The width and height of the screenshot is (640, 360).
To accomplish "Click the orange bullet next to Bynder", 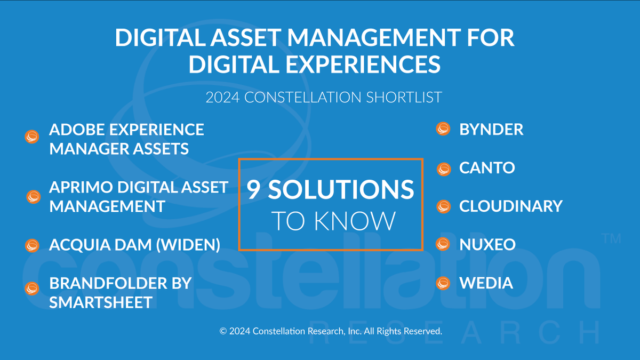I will (443, 130).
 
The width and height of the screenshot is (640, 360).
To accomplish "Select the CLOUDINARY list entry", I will (510, 206).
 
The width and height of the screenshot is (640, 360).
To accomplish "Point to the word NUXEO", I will (487, 244).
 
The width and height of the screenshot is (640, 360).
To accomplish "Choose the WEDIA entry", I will (486, 283).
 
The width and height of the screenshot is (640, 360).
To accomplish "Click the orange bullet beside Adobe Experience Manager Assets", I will (33, 137).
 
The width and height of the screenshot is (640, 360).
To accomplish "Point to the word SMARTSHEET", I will (101, 302).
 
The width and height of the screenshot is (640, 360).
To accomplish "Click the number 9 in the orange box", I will (254, 190).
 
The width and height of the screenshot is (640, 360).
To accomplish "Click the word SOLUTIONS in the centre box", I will (341, 190).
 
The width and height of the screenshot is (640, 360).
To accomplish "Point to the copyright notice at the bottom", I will (331, 331).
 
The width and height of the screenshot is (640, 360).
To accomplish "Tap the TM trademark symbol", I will (611, 238).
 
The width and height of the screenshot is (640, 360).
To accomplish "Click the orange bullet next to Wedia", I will (443, 283).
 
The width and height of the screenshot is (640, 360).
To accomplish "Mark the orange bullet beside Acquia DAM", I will (33, 245).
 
